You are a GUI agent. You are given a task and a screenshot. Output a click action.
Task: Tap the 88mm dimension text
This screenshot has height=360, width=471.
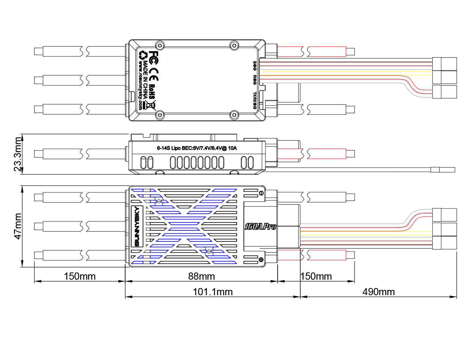(x=201, y=276)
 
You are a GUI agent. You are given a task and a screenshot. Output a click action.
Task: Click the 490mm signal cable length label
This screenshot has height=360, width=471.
(x=378, y=292)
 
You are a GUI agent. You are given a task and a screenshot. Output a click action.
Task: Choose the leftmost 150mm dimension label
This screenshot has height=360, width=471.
(x=80, y=276)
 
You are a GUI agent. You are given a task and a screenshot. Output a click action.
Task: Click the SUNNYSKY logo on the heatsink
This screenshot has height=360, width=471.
(x=137, y=226)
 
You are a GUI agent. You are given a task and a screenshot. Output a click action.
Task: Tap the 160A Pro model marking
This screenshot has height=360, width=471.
(x=260, y=227)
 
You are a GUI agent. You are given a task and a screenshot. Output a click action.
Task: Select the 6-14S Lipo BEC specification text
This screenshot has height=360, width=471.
(x=197, y=148)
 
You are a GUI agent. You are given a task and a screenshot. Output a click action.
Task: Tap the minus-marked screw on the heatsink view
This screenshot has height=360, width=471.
(x=261, y=194)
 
